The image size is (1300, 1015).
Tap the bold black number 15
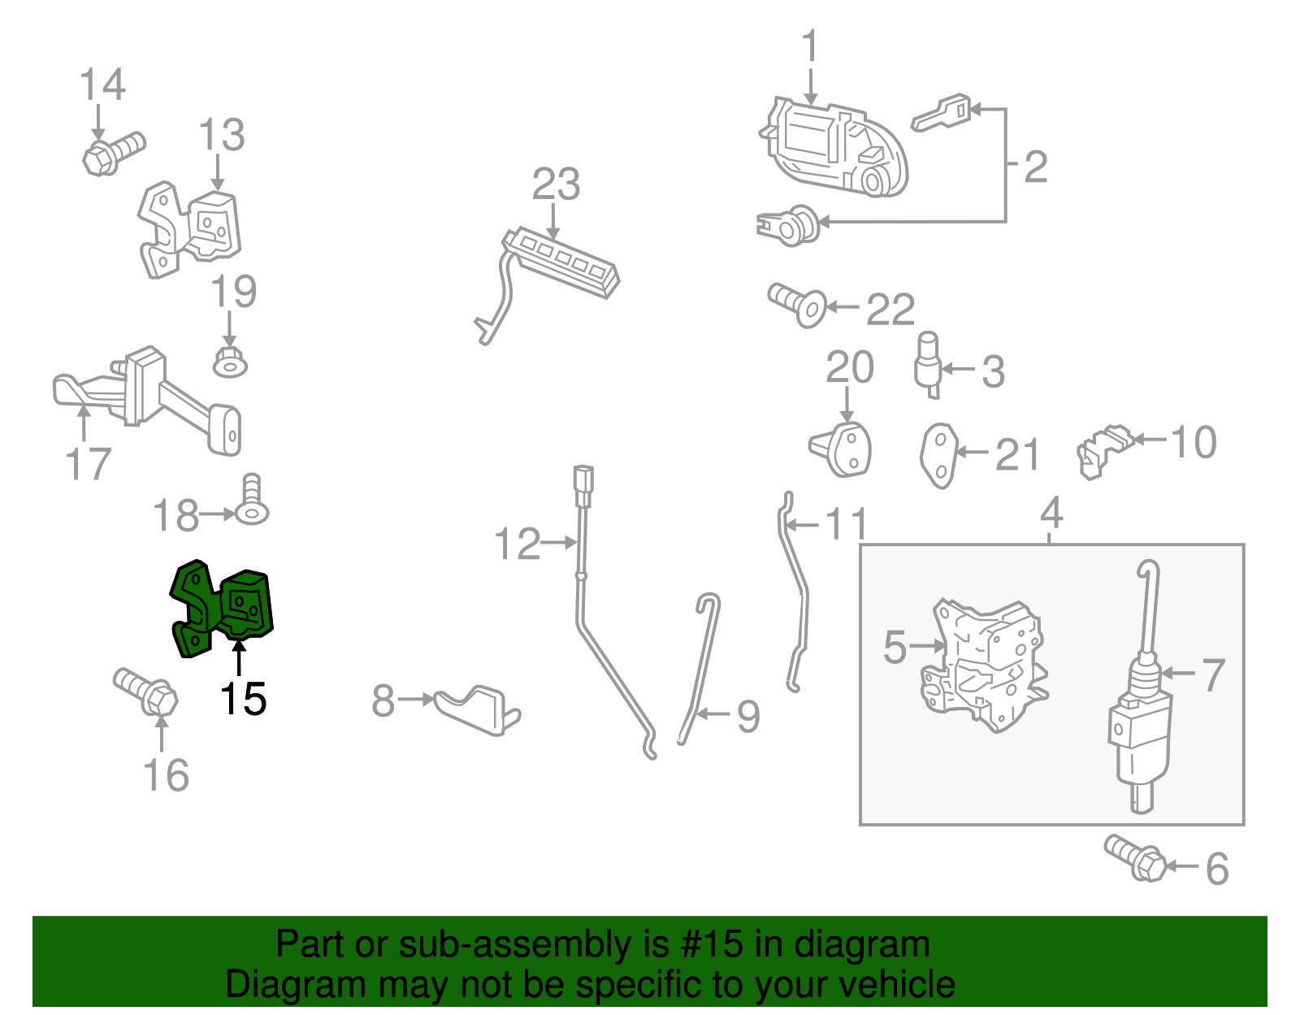[243, 698]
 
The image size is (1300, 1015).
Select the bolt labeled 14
[114, 153]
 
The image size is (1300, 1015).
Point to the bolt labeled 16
[145, 692]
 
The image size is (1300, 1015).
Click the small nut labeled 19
[230, 362]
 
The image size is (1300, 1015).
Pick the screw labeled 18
[252, 500]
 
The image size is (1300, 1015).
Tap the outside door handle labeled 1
[834, 147]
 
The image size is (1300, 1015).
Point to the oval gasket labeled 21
[938, 456]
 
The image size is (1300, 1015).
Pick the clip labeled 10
[1104, 451]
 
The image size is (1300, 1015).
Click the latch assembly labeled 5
[984, 665]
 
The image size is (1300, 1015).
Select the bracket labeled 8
[477, 710]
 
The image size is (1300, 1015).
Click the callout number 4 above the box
[1051, 513]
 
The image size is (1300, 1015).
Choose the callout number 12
[518, 544]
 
